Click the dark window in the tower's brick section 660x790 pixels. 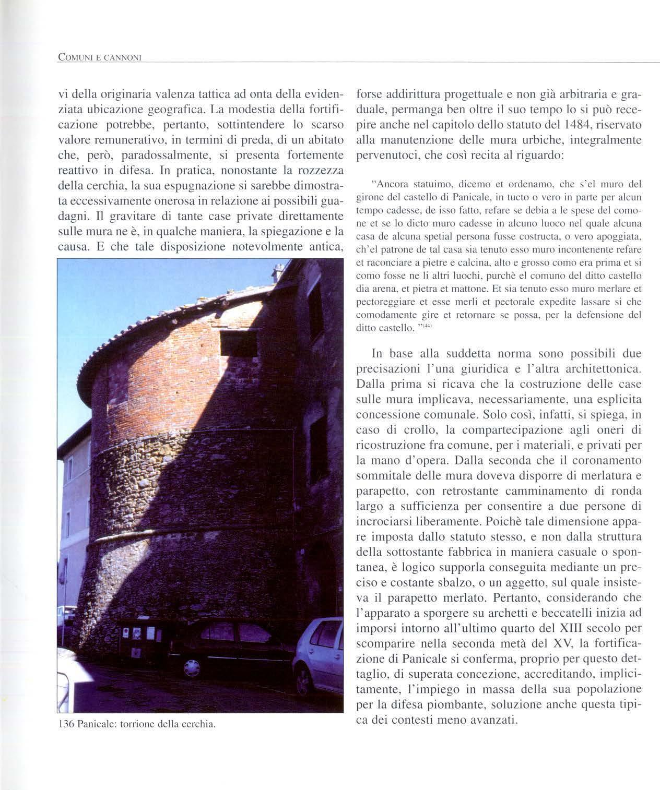click(x=239, y=343)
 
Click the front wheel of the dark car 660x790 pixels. click(x=191, y=668)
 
